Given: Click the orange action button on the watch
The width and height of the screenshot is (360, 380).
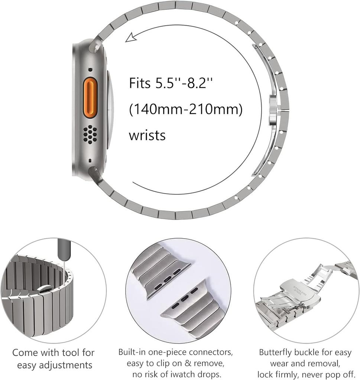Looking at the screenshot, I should pos(90,98).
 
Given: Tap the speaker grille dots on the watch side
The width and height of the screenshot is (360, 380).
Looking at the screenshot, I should pos(90,134).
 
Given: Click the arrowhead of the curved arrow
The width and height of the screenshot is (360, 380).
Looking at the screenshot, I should pos(130,37).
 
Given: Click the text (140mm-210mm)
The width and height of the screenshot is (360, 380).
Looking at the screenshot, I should pos(185,109).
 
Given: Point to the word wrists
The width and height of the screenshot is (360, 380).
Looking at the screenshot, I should pos(147,135).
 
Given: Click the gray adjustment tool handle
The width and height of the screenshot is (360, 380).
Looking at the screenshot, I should pos(64,249).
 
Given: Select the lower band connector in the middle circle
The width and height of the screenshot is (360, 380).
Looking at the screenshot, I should pos(183,298).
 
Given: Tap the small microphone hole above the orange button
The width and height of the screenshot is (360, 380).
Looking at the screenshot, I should pos(90,69).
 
